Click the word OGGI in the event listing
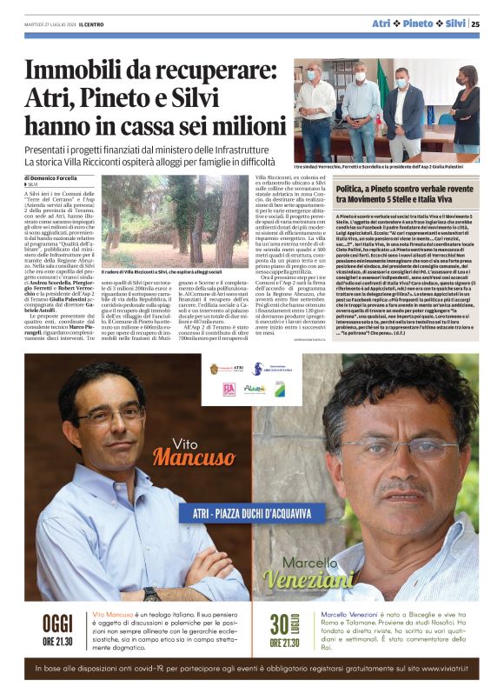pos(57,624)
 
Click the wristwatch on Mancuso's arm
pos(153,595)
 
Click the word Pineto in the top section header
pos(418,24)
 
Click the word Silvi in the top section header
pos(455,24)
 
